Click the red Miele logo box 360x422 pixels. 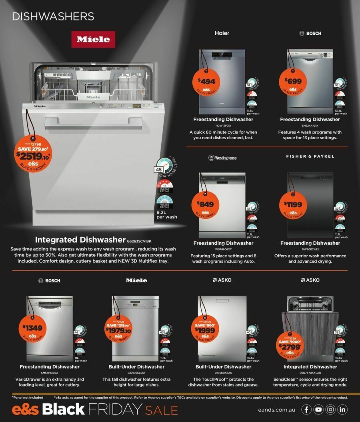click(x=93, y=39)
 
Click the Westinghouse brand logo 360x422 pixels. click(x=223, y=158)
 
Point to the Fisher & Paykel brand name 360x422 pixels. click(x=310, y=156)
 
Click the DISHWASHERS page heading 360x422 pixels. click(x=53, y=16)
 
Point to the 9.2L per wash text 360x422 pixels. click(x=166, y=214)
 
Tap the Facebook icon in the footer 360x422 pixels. click(x=306, y=410)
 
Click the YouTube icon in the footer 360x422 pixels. click(x=318, y=410)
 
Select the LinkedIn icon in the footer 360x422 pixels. click(x=343, y=410)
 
